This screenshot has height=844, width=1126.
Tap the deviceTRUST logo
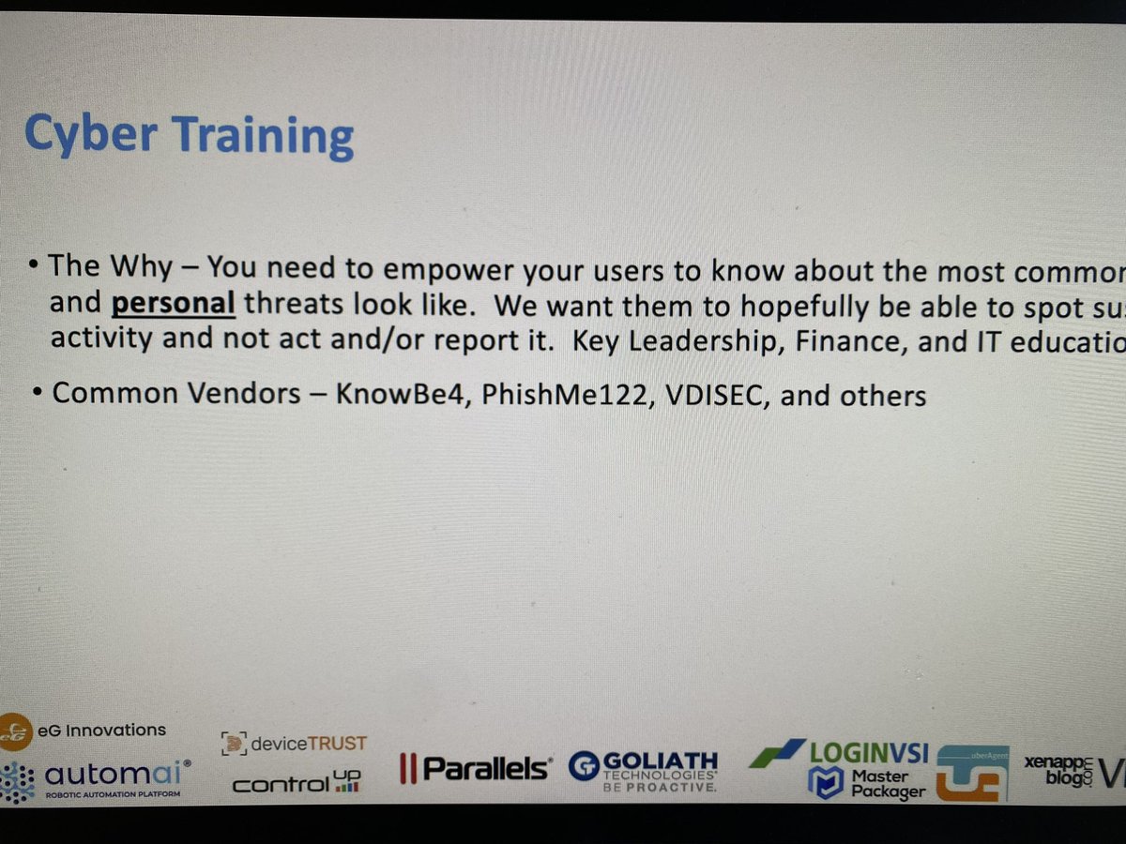pos(294,744)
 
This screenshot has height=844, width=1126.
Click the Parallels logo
pos(476,769)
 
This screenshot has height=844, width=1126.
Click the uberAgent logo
pos(972,775)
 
